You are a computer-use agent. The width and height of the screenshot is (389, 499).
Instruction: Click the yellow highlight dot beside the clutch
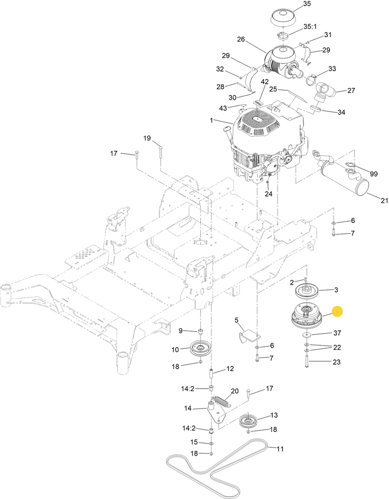click(x=337, y=312)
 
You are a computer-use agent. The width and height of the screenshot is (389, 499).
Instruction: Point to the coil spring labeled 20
click(x=222, y=402)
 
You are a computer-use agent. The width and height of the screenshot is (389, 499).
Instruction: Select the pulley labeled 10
click(x=199, y=348)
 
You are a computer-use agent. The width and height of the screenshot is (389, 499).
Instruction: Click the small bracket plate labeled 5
click(x=248, y=335)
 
